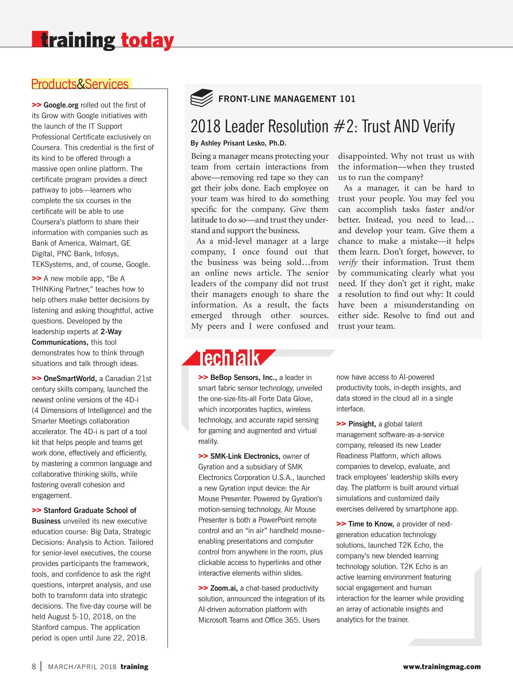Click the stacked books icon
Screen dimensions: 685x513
(x=201, y=98)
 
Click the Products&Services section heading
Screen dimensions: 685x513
(x=80, y=84)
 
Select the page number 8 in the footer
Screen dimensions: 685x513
(x=34, y=667)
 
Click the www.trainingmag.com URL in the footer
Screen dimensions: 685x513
(x=442, y=667)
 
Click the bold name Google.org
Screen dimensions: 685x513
(x=61, y=105)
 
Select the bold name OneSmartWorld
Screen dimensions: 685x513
(x=70, y=378)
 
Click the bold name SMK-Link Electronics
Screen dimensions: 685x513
(x=245, y=456)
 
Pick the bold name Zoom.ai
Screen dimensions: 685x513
(x=224, y=588)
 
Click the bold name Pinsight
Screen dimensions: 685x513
(x=362, y=424)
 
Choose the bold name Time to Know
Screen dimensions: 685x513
(x=371, y=524)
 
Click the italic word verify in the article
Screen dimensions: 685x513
(x=348, y=262)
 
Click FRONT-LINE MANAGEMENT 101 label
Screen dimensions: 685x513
(x=287, y=99)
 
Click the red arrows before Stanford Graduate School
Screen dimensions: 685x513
(x=36, y=510)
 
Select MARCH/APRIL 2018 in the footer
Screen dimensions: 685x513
(x=82, y=667)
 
